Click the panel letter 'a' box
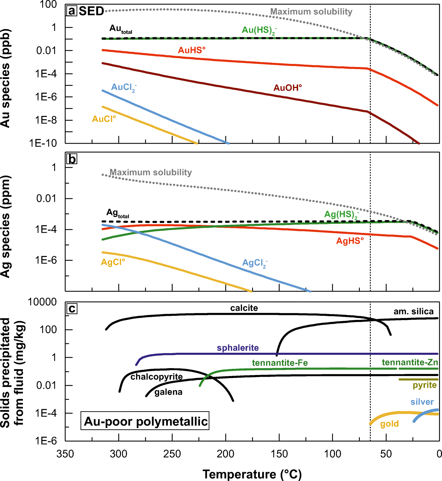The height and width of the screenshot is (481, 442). pos(72,11)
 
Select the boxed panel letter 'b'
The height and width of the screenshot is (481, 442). pos(72,159)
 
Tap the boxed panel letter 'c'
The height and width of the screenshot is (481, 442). pos(72,309)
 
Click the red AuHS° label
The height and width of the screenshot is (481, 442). pos(192,50)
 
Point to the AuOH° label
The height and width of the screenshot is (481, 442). pos(287,88)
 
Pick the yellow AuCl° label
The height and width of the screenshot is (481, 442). pos(104,119)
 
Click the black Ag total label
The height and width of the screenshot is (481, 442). pos(117,213)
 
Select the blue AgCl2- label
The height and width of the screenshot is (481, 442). pos(255,263)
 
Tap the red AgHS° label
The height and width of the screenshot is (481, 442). pos(350,241)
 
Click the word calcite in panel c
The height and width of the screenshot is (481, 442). pos(244,308)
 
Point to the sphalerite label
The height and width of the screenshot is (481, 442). pos(238,348)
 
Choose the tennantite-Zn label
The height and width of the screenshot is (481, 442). pos(410,362)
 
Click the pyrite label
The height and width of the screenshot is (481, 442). pos(425,385)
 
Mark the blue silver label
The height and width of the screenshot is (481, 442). pos(422,402)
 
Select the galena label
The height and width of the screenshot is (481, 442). pos(168,392)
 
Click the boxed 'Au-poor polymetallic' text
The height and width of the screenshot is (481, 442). pos(146,421)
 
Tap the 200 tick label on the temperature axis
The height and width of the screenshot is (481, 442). pos(226,454)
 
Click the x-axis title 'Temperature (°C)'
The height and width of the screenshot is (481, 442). pos(252,474)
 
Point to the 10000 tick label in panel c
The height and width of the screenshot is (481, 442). pos(42,302)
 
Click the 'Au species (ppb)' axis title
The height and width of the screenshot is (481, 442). pos(5,78)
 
